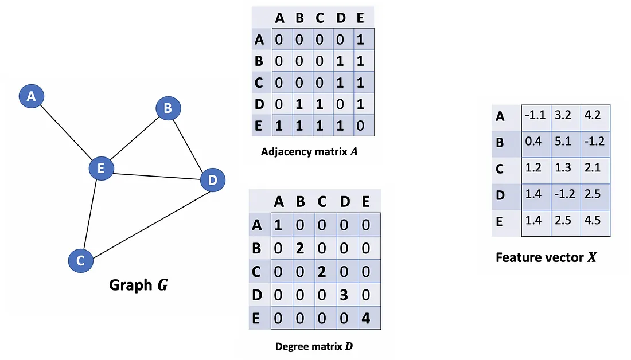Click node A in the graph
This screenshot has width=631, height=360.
pos(31,96)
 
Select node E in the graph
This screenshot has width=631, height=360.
pos(101,169)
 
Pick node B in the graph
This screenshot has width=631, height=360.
pos(168,108)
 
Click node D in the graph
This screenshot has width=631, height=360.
pos(213,181)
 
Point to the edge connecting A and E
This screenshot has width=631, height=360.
pos(66,132)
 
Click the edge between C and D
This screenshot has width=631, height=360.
pos(146,221)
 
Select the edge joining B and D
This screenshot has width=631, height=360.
pos(189,143)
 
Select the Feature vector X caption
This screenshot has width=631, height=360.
pos(546,257)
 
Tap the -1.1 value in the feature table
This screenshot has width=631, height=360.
pos(534,115)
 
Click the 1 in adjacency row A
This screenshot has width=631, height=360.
pos(360,40)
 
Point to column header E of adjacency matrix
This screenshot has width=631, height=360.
pos(360,18)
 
